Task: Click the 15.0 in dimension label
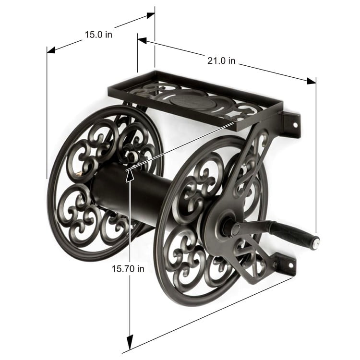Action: [x=99, y=35]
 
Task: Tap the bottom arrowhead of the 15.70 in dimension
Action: [x=129, y=343]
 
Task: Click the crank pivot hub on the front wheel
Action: [x=226, y=228]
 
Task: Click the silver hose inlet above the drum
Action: [x=131, y=155]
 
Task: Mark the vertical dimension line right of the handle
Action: [x=316, y=158]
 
